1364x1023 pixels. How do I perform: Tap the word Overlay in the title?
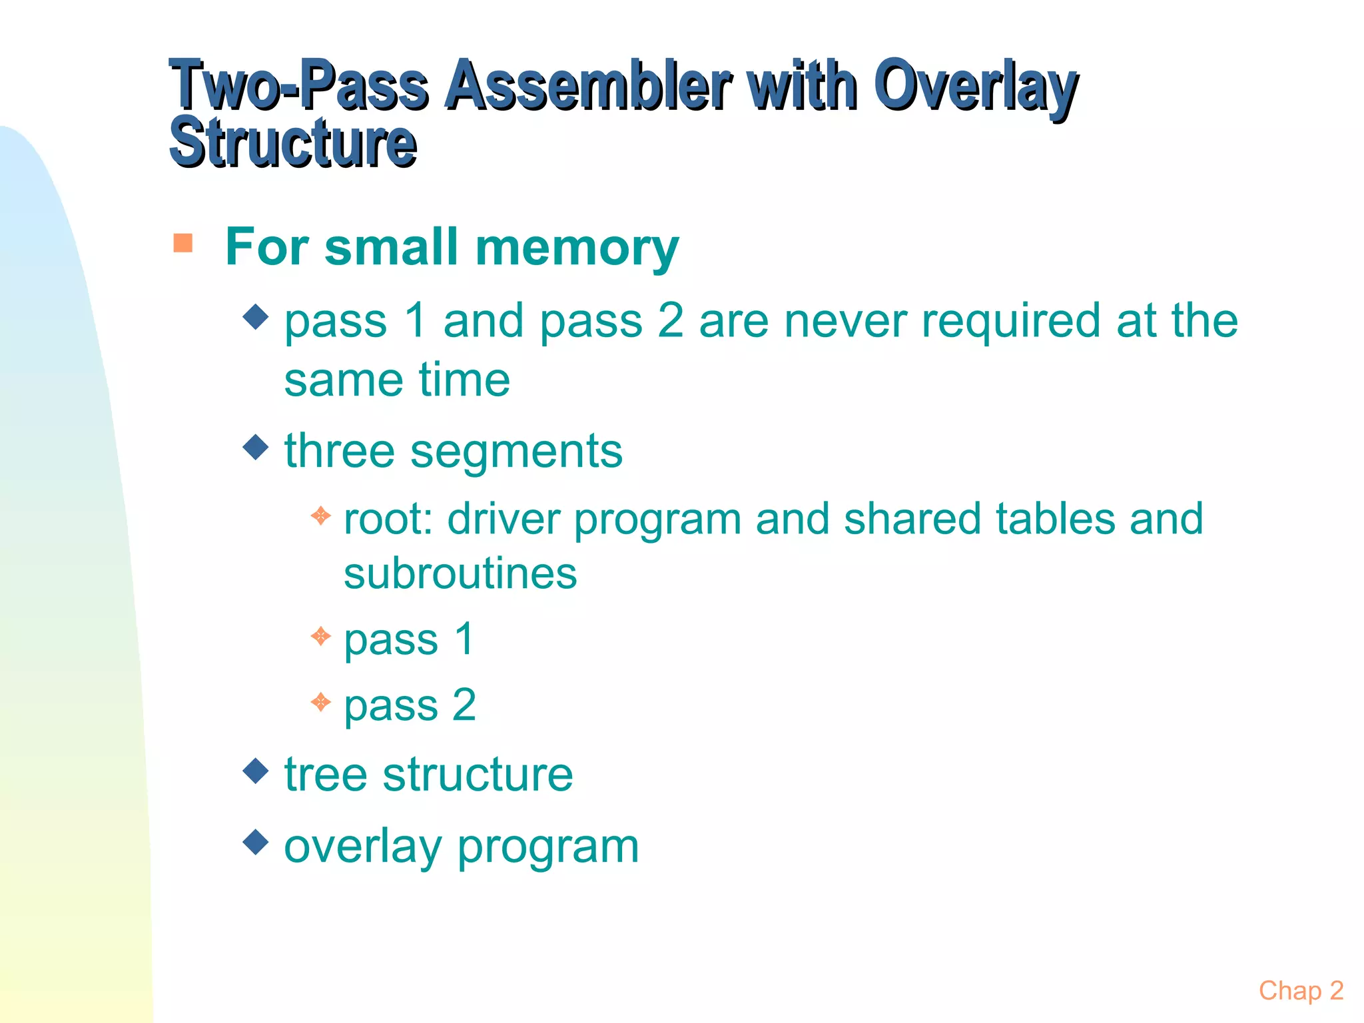click(975, 87)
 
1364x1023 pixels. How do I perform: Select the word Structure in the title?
click(293, 143)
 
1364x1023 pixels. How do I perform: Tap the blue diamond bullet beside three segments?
click(256, 447)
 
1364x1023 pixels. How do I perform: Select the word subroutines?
click(460, 574)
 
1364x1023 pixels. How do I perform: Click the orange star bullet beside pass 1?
click(321, 636)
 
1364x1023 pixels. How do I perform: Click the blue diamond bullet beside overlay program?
click(256, 842)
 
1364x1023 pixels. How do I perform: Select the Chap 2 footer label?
click(1301, 990)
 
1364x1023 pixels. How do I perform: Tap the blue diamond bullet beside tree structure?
click(256, 771)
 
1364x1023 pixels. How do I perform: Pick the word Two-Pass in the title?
click(300, 87)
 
